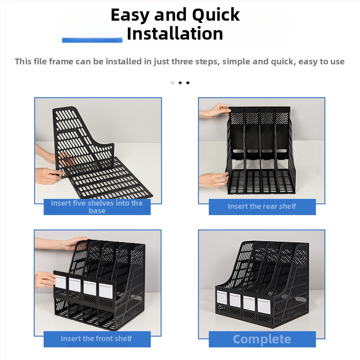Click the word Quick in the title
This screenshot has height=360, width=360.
coord(216,15)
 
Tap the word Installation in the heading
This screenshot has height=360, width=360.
coord(175,33)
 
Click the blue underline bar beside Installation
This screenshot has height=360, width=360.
coord(92,40)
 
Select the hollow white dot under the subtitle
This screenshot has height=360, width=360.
coord(172,83)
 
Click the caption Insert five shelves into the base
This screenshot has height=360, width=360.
coord(97,207)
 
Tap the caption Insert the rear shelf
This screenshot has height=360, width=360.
coord(262,206)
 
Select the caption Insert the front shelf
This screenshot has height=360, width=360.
coord(96,338)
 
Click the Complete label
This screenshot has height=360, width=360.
coord(262,339)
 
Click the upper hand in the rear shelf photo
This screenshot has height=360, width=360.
coord(215,111)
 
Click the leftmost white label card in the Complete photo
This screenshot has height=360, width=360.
coord(222,298)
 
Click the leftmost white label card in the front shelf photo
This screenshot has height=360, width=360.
coord(60,282)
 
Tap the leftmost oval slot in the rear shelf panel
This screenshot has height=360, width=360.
coord(238,151)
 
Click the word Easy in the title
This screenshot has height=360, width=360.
coord(130,15)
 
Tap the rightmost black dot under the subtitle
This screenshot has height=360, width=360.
coord(188,83)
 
